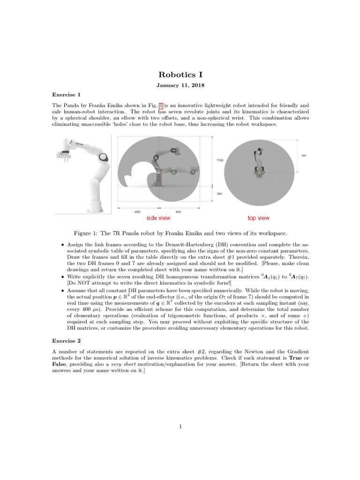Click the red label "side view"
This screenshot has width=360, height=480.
158,218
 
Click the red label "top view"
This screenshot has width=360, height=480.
258,218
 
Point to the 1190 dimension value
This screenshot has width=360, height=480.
220,160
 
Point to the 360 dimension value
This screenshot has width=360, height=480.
219,193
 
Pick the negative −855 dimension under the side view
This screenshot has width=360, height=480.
137,212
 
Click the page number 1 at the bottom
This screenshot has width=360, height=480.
180,426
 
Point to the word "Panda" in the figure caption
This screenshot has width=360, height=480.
139,233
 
